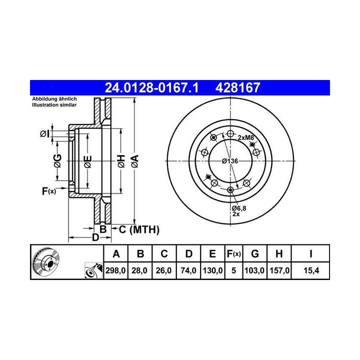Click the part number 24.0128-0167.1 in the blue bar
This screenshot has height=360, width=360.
tap(151, 87)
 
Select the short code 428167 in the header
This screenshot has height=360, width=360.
tap(237, 87)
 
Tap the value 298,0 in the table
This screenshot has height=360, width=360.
tap(115, 270)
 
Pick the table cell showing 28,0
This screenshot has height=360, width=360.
tap(139, 270)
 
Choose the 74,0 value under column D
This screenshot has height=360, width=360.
tap(188, 270)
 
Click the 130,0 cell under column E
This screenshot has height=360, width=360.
tap(212, 270)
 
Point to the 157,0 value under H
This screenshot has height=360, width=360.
tap(279, 270)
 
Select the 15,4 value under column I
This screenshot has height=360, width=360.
tap(311, 270)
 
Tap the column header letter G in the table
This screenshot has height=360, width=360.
tap(255, 253)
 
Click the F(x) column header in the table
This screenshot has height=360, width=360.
tap(233, 253)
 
